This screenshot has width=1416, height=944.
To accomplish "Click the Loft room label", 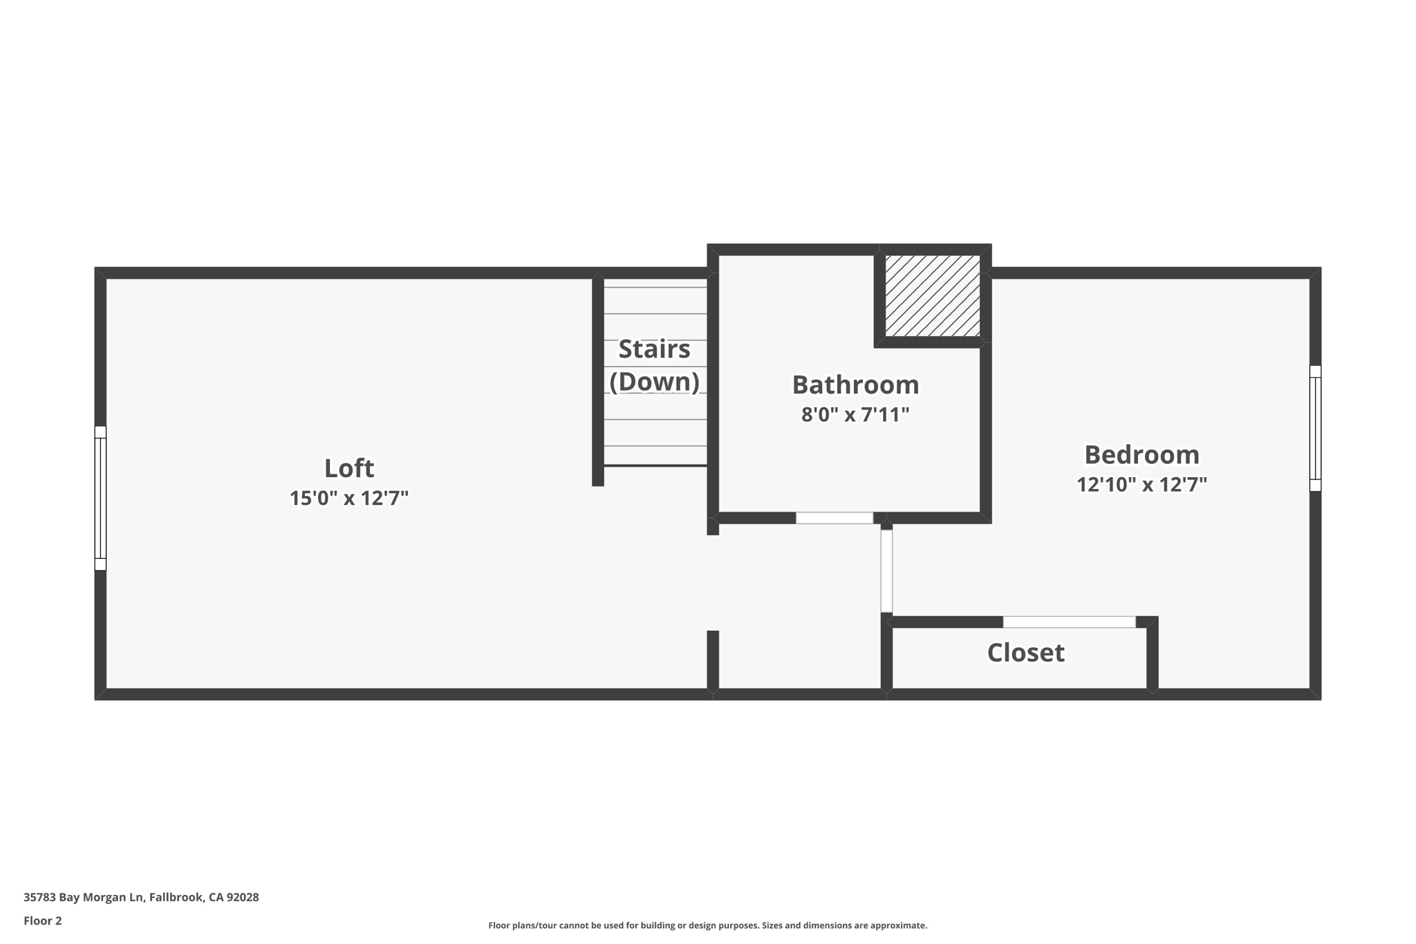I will pos(349,468).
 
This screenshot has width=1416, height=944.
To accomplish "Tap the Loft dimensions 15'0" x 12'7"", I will pos(349,498).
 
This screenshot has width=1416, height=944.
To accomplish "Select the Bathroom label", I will pos(855,385).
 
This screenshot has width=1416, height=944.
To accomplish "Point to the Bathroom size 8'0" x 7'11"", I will pos(855,415).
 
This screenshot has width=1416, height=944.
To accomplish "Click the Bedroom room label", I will pos(1142,454).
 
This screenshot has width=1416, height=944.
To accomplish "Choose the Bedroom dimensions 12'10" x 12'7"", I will pos(1142,484).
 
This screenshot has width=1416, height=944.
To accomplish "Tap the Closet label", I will pos(1025,653).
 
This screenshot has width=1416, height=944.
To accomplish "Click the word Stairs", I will pos(654,349).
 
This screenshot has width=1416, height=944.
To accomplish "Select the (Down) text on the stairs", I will pos(654,382).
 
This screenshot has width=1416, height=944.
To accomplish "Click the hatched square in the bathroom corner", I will pos(932,296).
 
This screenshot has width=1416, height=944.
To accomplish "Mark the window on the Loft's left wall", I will pos(100,498).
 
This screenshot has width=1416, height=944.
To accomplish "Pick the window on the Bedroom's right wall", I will pos(1315,428).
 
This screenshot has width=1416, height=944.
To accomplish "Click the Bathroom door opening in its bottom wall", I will pos(834,518).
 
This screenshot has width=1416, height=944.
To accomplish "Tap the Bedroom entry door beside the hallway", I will pos(886,571).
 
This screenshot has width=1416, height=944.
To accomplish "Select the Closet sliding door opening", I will pos(1069,622).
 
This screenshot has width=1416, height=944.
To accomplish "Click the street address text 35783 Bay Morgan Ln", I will pos(84,897).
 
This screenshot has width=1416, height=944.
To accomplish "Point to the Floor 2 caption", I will pos(43,920).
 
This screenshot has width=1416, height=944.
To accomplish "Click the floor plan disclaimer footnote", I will pos(707,925).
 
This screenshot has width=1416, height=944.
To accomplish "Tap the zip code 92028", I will pos(243,897).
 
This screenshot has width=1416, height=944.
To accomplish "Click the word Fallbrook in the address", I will pos(176,897).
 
